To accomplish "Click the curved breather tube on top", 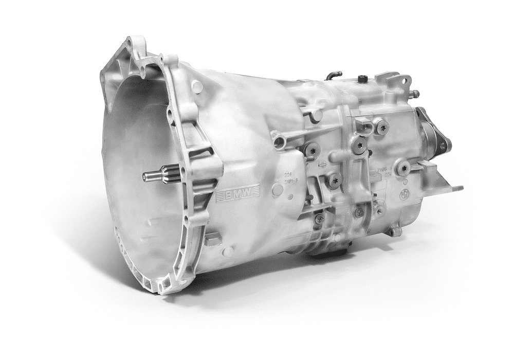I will pyautogui.click(x=334, y=75).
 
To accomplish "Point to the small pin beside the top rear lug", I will pyautogui.click(x=414, y=94).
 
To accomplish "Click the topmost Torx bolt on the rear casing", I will pyautogui.click(x=381, y=127).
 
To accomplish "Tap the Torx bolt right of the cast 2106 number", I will pyautogui.click(x=404, y=167).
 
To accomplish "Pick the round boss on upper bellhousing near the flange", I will pyautogui.click(x=196, y=86).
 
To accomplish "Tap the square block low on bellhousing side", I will pyautogui.click(x=213, y=239).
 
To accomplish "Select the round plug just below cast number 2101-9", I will pyautogui.click(x=278, y=189).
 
